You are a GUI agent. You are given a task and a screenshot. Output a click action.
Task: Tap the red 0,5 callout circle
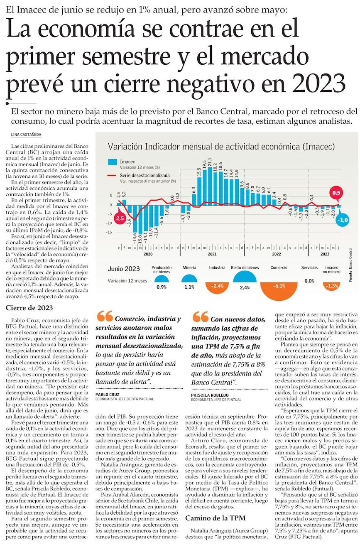coord(336,193)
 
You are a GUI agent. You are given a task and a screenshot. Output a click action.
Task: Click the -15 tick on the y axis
coord(109,232)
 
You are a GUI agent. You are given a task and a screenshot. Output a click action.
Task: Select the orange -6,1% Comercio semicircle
coord(279,287)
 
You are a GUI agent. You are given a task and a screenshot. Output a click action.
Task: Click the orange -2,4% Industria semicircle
coord(217,286)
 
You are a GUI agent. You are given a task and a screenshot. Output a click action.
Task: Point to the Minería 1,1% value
coord(189,287)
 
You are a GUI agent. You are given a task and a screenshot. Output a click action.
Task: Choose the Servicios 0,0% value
coord(309,281)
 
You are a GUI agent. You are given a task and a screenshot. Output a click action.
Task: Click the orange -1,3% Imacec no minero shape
coord(331,286)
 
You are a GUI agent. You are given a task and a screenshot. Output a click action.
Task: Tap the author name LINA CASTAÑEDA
coord(27,135)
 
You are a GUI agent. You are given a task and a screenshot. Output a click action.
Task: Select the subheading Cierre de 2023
coord(29,308)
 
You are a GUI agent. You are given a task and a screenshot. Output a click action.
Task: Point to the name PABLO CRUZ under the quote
coord(106,394)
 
